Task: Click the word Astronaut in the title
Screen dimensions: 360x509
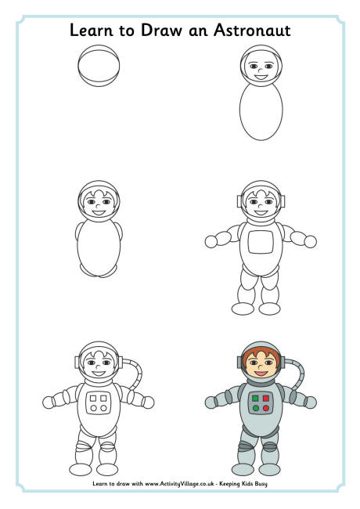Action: tap(252, 31)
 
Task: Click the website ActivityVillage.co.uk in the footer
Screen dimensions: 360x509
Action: tap(179, 484)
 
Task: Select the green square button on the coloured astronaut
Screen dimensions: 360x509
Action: tap(256, 399)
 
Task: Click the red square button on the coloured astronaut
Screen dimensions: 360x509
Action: tap(266, 399)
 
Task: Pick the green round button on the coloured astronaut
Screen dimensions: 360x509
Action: tap(256, 408)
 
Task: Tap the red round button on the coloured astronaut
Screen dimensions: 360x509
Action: tap(266, 408)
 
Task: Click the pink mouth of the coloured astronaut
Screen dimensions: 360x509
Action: tap(261, 374)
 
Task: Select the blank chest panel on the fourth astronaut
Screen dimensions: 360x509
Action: tap(261, 242)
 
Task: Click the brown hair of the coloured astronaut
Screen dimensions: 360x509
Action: tap(261, 352)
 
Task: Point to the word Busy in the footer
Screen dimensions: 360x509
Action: tap(261, 484)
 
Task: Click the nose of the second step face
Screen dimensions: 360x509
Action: tap(260, 70)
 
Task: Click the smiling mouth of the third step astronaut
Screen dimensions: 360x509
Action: tap(99, 213)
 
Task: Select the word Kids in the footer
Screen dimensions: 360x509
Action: tap(247, 484)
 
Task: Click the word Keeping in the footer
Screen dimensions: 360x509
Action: tap(229, 484)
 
